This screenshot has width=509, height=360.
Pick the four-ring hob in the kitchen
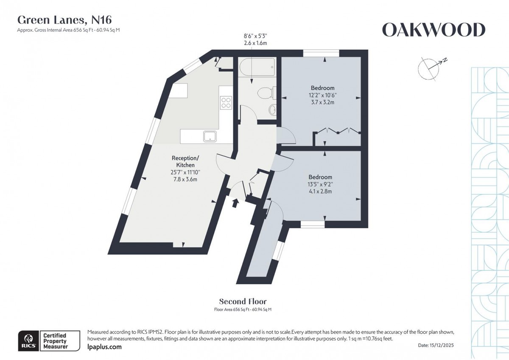tap(226, 102)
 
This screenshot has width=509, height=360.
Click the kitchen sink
tap(210, 136)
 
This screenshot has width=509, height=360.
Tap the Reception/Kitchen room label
tap(185, 162)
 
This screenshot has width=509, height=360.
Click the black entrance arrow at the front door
tap(235, 203)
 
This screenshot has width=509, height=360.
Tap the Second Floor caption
tap(243, 301)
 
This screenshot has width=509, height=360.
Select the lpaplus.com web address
tap(104, 347)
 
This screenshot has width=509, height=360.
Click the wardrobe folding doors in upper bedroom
tap(338, 130)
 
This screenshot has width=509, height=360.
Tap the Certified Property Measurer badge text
tap(55, 341)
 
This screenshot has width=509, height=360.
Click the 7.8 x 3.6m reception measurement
tap(185, 179)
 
